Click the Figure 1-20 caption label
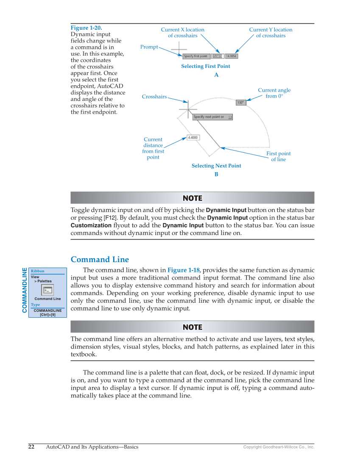tap(86, 28)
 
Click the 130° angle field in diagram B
tap(241, 102)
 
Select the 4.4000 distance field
tap(193, 137)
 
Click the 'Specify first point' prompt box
tap(195, 56)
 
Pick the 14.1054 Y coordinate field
tap(231, 56)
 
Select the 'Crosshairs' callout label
tap(154, 97)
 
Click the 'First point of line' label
tap(278, 156)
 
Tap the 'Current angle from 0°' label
tap(274, 93)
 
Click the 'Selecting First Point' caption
tap(206, 66)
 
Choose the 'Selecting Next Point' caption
tap(216, 166)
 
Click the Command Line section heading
tap(100, 260)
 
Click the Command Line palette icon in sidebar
tap(47, 290)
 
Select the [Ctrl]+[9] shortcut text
tap(47, 315)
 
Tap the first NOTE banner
tap(192, 198)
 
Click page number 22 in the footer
tap(31, 447)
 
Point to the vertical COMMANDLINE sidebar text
tap(24, 290)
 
